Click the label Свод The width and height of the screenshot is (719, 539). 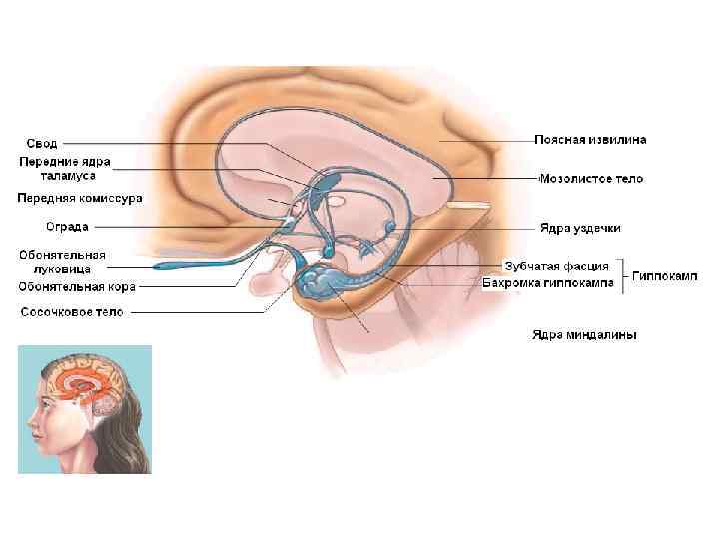tap(42, 144)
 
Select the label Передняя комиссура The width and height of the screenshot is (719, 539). tap(80, 199)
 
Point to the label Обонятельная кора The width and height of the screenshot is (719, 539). tap(77, 287)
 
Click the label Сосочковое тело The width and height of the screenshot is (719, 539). tap(73, 312)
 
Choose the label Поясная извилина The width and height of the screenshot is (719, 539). tap(590, 140)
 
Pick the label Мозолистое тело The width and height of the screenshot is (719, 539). tap(591, 179)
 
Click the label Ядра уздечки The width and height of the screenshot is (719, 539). tap(580, 229)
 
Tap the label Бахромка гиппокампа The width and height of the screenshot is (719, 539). tap(555, 283)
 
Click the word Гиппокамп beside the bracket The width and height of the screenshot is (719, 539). tap(664, 274)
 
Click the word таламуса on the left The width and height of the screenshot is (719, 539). tap(49, 175)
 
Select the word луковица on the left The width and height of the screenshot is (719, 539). tap(55, 269)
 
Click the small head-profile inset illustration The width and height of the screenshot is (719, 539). tap(85, 409)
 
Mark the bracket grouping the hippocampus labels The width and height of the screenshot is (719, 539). tap(624, 275)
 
